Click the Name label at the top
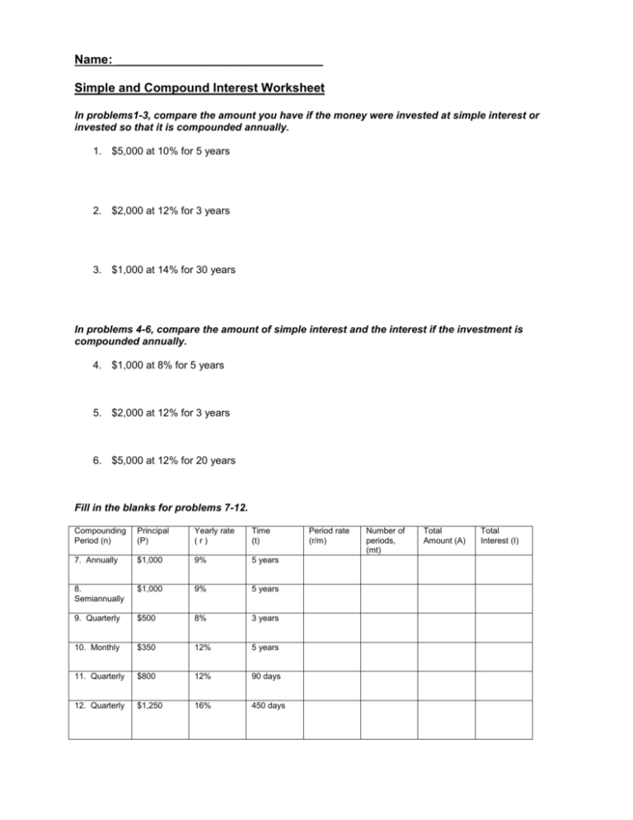pyautogui.click(x=93, y=60)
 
